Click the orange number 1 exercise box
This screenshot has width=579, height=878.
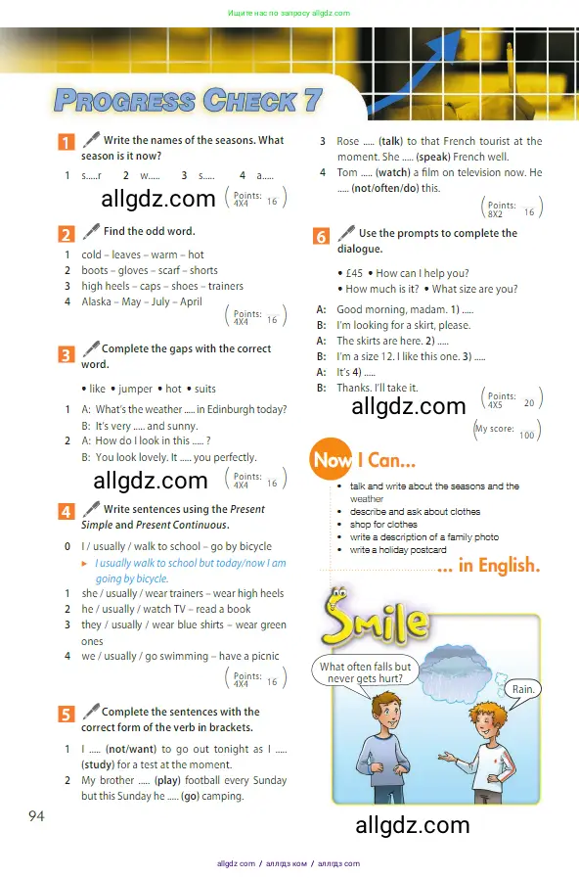(x=67, y=143)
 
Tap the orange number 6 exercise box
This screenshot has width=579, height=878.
(x=321, y=236)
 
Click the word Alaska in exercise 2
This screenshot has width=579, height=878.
(x=98, y=301)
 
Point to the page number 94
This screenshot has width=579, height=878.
(x=36, y=816)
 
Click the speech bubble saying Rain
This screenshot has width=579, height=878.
(x=526, y=689)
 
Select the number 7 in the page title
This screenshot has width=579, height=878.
(x=312, y=99)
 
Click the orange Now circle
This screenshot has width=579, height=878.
(x=333, y=459)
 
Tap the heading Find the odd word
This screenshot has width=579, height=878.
(x=149, y=231)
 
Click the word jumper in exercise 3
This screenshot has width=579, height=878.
(x=136, y=389)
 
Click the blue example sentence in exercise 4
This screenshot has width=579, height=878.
(x=190, y=571)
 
